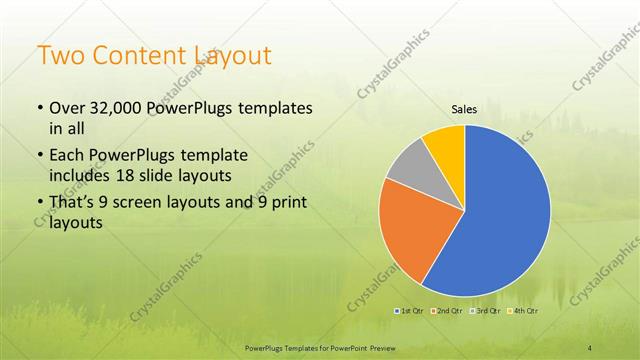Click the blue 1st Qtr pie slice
(505, 210)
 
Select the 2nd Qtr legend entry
(446, 312)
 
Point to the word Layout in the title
(234, 56)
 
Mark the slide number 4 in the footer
(590, 347)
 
